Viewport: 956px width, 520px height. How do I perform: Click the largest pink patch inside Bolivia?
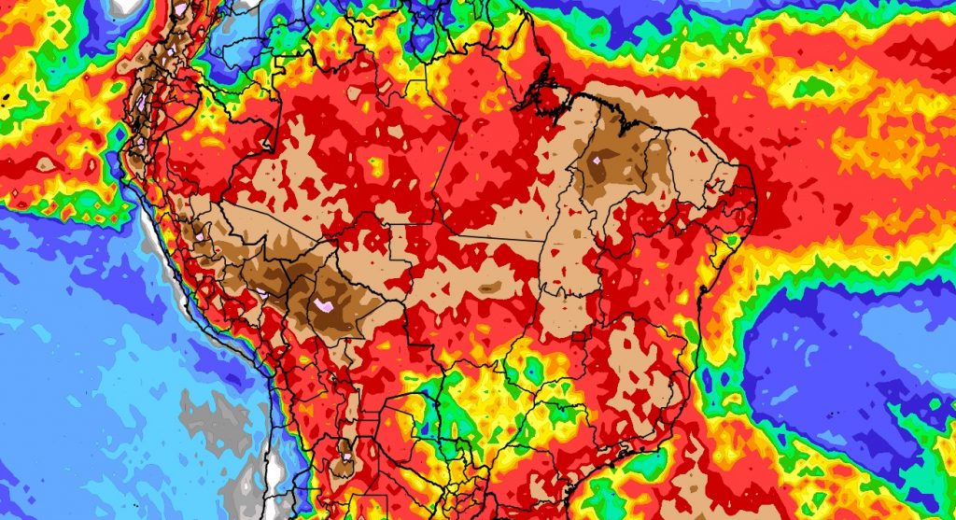click(x=324, y=305)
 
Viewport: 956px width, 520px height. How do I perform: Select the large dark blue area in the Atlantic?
click(x=840, y=373)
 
